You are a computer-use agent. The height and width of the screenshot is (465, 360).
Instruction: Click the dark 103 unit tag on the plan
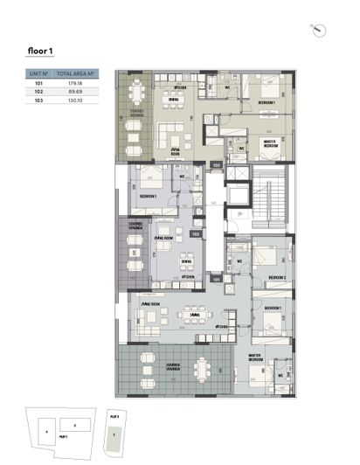tap(216, 164)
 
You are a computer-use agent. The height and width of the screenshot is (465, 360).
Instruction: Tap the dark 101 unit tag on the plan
tap(216, 280)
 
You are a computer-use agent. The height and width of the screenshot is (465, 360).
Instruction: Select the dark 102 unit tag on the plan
tap(197, 234)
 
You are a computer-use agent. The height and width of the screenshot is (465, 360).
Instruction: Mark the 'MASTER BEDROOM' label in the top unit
tap(273, 144)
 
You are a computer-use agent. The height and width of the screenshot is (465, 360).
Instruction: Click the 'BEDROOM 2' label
tap(278, 277)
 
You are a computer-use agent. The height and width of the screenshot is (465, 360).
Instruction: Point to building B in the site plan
tap(75, 425)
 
